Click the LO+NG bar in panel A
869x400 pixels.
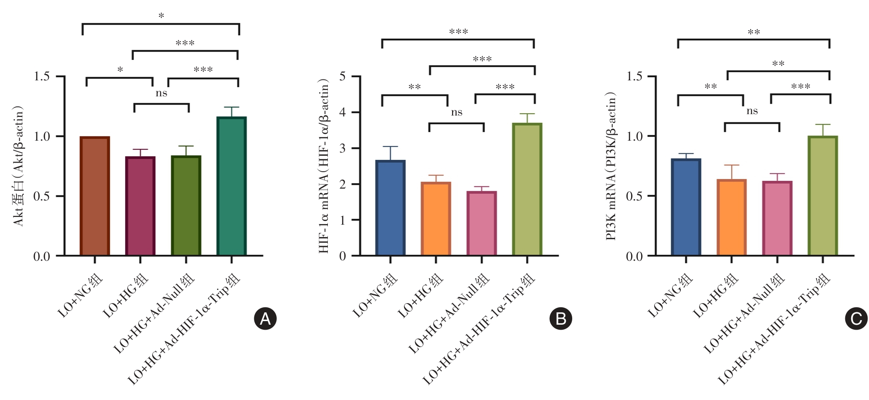point(95,196)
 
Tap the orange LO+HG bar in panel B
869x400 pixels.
point(436,219)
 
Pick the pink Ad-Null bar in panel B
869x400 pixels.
point(481,223)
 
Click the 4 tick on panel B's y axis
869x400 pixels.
point(342,112)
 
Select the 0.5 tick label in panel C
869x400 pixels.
point(634,196)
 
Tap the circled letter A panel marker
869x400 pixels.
point(265,319)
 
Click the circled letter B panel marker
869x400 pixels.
point(560,319)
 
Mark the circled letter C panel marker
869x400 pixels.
point(856,319)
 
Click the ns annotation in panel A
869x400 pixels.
point(161,94)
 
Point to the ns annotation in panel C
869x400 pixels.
point(752,111)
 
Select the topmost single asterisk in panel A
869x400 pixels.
point(161,16)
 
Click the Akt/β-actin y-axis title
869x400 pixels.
point(19,166)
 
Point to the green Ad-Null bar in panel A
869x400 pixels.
point(186,205)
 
